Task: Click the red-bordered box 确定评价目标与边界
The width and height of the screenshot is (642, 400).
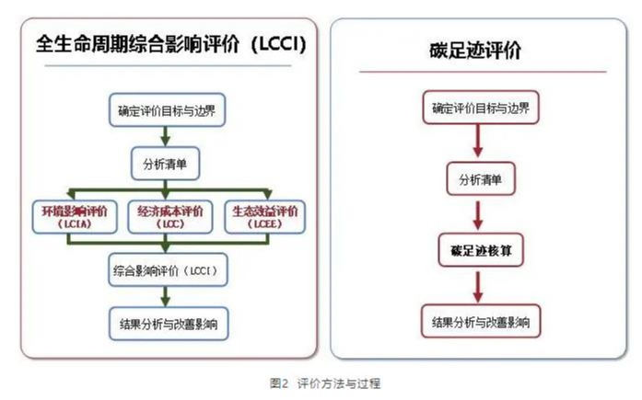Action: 480,108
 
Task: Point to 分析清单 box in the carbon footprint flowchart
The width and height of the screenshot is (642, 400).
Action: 480,179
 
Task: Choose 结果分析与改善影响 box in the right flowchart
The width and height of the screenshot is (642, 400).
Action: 480,322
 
